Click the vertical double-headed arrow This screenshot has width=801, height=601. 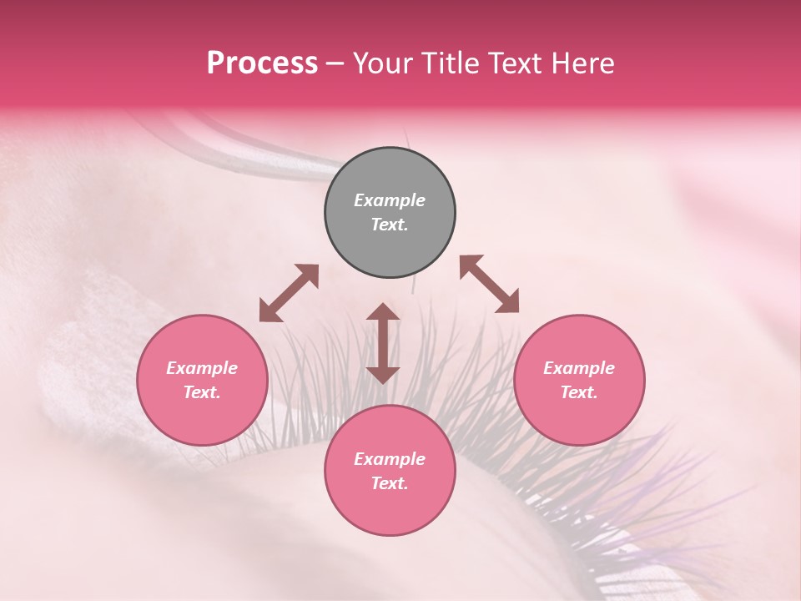[x=383, y=343]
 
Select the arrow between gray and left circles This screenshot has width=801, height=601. [x=289, y=293]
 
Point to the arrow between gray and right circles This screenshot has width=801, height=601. [x=490, y=284]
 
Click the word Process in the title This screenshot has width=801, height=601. [x=262, y=63]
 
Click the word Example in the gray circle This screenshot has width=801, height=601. [x=390, y=200]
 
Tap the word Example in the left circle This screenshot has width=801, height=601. [x=202, y=368]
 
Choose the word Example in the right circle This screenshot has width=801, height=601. [x=579, y=368]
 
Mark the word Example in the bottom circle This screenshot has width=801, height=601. [x=390, y=459]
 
